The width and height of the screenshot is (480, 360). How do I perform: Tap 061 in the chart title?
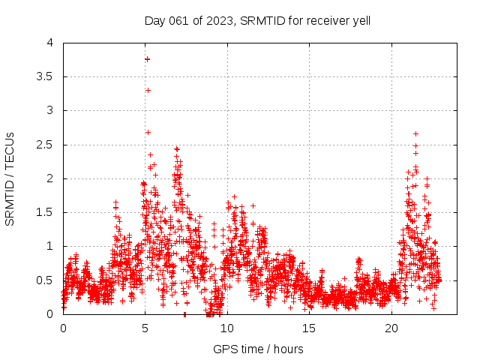pyautogui.click(x=181, y=20)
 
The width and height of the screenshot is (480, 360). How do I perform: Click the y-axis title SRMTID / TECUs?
pyautogui.click(x=10, y=178)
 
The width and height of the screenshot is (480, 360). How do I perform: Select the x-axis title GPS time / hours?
pyautogui.click(x=258, y=349)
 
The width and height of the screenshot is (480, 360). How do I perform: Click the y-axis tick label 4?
pyautogui.click(x=49, y=43)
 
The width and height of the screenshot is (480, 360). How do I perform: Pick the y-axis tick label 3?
pyautogui.click(x=49, y=110)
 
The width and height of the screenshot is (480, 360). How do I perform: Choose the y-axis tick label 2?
pyautogui.click(x=49, y=178)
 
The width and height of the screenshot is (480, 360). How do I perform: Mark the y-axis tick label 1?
pyautogui.click(x=49, y=246)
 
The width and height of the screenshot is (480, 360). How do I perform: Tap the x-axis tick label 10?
pyautogui.click(x=227, y=328)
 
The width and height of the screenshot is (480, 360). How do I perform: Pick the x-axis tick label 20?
pyautogui.click(x=391, y=328)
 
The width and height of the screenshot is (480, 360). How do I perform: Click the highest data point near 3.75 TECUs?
pyautogui.click(x=147, y=58)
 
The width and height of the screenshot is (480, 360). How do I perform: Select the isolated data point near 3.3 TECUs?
pyautogui.click(x=148, y=90)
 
